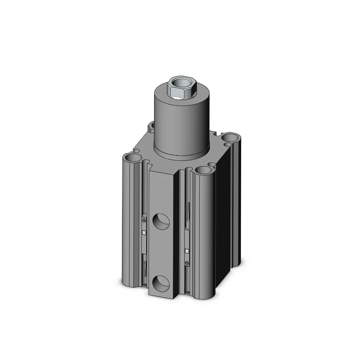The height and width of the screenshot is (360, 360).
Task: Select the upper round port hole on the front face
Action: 161,221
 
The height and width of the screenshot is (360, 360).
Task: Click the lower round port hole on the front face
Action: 161,284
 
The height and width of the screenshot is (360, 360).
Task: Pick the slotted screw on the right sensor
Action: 186,263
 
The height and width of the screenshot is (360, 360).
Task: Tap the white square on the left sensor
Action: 144,232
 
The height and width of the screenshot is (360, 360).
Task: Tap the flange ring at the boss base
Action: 182,154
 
